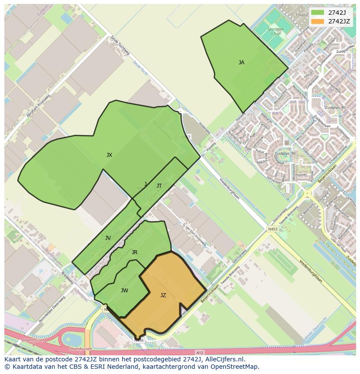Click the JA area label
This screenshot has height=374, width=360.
click(x=241, y=63)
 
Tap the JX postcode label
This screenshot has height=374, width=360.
click(x=109, y=155)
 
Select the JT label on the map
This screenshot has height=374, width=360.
click(x=159, y=186)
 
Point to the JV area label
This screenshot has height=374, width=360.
click(x=108, y=238)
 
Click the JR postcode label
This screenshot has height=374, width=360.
click(x=134, y=252)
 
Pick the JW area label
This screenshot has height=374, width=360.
click(x=124, y=291)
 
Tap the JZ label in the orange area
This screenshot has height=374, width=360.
click(x=163, y=295)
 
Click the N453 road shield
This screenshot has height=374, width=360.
click(x=273, y=228)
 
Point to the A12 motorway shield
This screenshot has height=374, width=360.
click(x=200, y=352)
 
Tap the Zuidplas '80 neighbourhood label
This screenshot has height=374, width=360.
click(x=335, y=107)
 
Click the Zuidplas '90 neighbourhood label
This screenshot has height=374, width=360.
click(x=285, y=154)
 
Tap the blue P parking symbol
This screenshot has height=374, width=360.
click(x=41, y=271)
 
